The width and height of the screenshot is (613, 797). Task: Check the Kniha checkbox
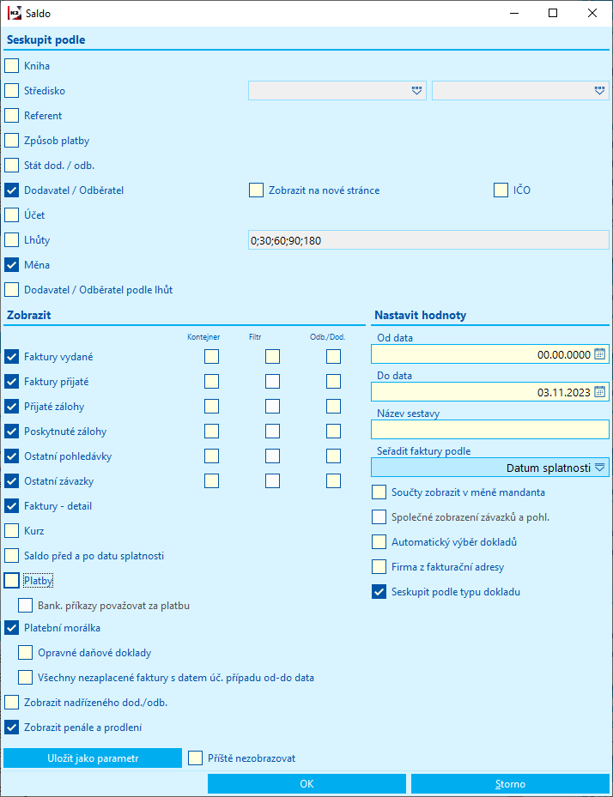click(11, 65)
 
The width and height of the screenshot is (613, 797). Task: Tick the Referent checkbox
click(11, 115)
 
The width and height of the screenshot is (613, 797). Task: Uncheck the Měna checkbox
click(11, 264)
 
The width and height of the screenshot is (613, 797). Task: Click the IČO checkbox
click(501, 190)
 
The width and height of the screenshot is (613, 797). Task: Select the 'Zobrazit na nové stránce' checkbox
click(256, 190)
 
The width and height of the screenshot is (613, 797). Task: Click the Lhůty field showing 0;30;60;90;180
click(427, 240)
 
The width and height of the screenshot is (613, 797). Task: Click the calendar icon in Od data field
click(600, 354)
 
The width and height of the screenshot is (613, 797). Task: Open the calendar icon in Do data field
click(600, 392)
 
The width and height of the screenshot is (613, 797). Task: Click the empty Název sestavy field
click(489, 429)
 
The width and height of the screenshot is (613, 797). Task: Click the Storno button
click(510, 783)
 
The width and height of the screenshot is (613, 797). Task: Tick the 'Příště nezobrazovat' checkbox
click(195, 758)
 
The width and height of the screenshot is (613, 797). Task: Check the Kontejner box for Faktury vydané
click(211, 356)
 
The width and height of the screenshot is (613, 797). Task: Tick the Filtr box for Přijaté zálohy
click(272, 406)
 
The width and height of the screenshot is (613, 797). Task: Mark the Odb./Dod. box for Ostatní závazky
click(333, 481)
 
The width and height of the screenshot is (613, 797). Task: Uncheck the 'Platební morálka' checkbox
click(11, 627)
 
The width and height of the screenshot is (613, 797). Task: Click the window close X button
click(592, 13)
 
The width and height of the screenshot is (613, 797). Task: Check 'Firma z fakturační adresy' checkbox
click(379, 566)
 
